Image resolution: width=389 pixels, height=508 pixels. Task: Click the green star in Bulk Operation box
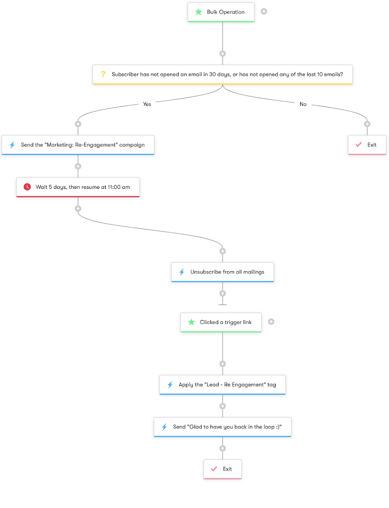198,12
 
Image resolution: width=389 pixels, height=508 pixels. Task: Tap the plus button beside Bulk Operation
264,11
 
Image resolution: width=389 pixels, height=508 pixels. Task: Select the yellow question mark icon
103,74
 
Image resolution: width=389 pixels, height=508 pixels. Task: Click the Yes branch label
147,104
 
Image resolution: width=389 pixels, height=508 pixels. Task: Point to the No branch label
303,104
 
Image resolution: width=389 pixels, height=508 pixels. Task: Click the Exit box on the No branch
367,145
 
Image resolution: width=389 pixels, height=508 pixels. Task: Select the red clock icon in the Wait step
27,187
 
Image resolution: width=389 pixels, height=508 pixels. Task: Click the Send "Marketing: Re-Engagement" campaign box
78,145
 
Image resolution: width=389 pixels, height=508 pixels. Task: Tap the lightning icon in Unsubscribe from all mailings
182,272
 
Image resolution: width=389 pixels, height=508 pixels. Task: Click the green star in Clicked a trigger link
191,322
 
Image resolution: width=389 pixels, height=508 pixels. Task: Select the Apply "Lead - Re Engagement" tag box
222,385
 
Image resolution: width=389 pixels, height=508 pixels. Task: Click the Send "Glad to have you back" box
222,427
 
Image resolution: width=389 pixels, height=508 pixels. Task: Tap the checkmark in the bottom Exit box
214,469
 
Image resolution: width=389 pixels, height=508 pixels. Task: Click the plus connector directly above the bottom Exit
222,448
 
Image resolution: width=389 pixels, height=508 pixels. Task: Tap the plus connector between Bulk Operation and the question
222,54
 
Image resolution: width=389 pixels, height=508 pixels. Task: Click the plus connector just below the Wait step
78,208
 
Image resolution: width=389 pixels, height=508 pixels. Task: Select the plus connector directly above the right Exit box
367,124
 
